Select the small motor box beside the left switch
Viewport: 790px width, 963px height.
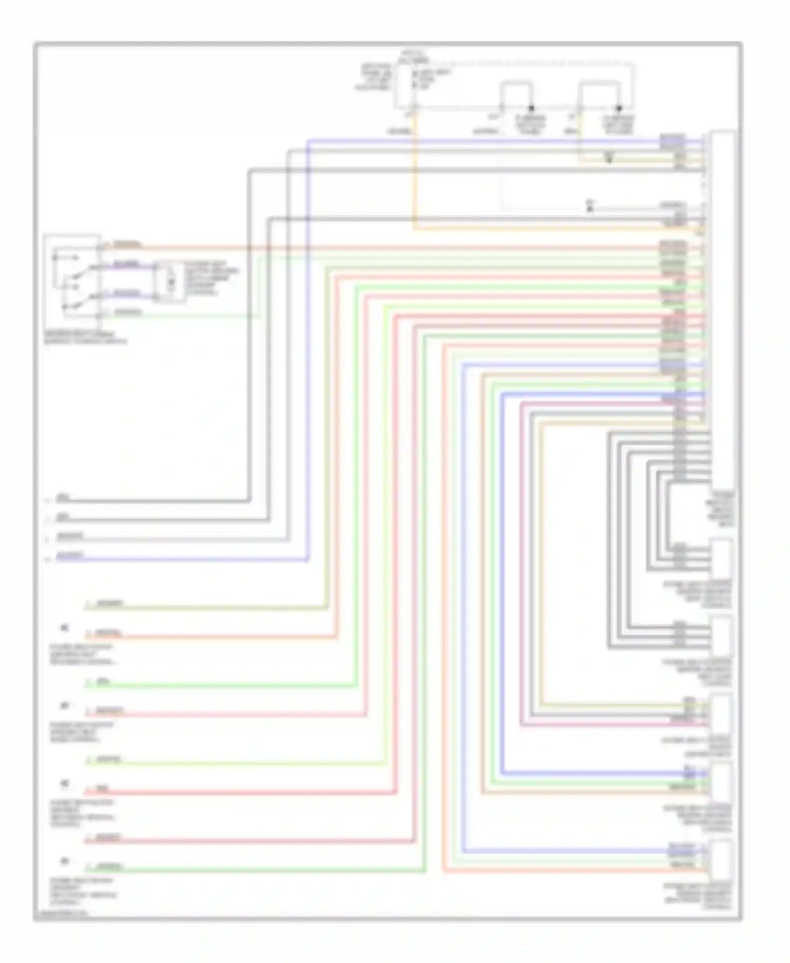[170, 282]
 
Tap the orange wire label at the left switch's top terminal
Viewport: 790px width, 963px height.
[127, 244]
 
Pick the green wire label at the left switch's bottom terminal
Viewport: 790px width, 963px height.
[128, 312]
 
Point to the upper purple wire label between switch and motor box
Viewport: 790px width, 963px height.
[126, 263]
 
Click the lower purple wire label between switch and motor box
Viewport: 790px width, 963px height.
[127, 293]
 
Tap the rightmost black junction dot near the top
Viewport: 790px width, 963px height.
[619, 108]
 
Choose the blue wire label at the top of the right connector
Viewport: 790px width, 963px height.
[673, 139]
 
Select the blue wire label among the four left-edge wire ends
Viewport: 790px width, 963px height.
[70, 555]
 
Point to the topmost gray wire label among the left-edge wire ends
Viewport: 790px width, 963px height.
[63, 497]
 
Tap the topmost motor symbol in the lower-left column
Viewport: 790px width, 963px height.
[65, 627]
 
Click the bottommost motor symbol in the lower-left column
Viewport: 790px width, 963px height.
[65, 861]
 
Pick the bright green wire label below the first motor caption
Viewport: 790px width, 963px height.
[103, 681]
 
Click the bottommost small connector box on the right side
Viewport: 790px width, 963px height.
[721, 860]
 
